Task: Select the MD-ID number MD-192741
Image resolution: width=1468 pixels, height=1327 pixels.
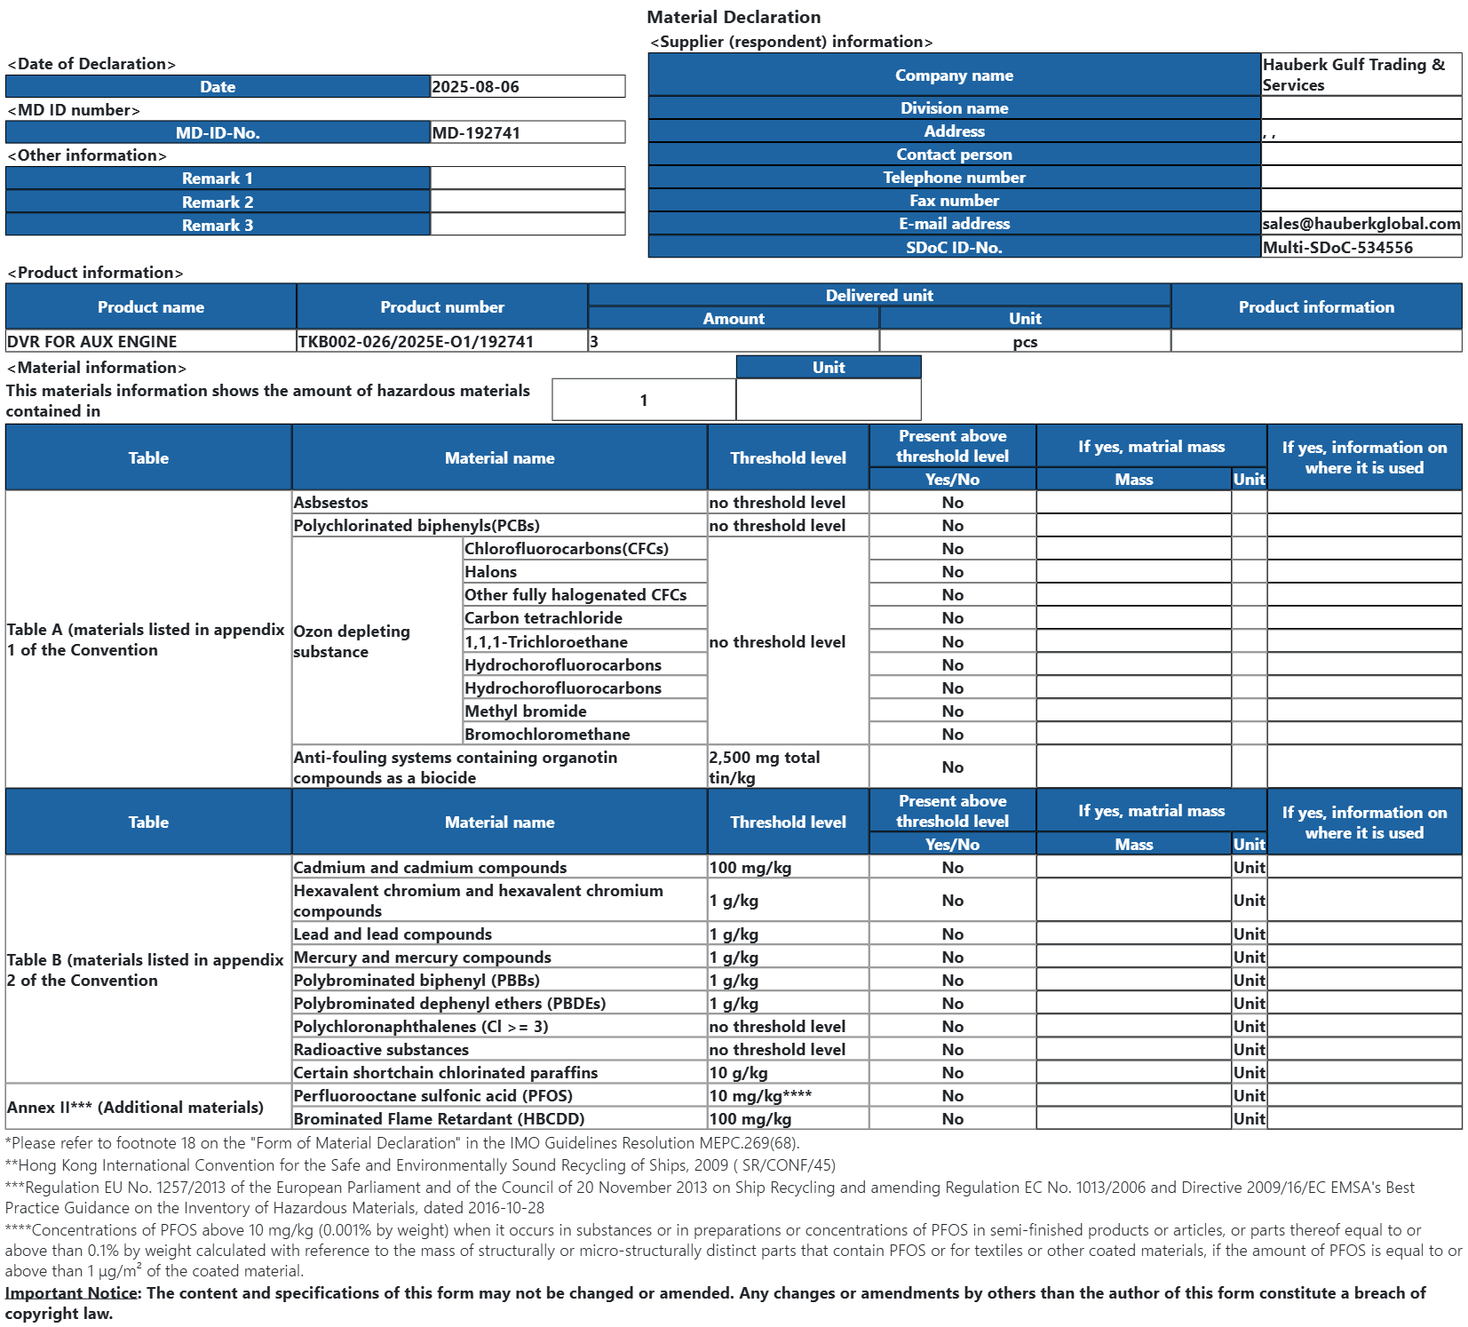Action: click(x=476, y=133)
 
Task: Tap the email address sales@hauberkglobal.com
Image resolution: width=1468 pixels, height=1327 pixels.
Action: click(x=1361, y=224)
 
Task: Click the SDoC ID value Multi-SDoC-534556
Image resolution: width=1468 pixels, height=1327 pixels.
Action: click(x=1337, y=248)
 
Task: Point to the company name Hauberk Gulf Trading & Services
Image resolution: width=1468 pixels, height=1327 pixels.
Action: click(x=1353, y=75)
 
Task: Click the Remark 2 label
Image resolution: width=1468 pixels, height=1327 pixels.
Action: click(x=218, y=203)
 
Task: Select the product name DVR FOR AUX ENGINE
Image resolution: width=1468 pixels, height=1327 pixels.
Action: click(x=92, y=342)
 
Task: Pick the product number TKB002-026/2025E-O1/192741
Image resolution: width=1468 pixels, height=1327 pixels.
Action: click(x=416, y=342)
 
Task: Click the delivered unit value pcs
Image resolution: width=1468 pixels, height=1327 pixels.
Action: click(x=1025, y=342)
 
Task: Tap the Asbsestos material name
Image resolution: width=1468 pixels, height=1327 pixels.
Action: click(x=331, y=503)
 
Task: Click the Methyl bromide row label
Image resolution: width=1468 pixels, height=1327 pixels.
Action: click(x=526, y=711)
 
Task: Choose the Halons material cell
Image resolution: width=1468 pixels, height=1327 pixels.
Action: click(x=491, y=572)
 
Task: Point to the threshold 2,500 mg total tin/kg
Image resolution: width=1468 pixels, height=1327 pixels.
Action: click(x=765, y=767)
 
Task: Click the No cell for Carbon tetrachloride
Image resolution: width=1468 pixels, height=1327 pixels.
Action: click(x=952, y=618)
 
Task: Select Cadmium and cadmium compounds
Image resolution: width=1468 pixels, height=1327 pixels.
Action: click(x=430, y=868)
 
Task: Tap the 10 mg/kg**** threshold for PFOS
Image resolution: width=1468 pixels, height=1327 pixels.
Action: click(x=760, y=1096)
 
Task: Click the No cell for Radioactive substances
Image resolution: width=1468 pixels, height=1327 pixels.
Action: click(x=952, y=1050)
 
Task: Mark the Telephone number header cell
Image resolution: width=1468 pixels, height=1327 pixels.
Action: click(x=954, y=178)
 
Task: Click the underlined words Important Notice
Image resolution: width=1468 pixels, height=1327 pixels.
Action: click(x=71, y=1293)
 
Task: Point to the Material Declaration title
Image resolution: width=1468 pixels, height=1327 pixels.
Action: click(x=734, y=17)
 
